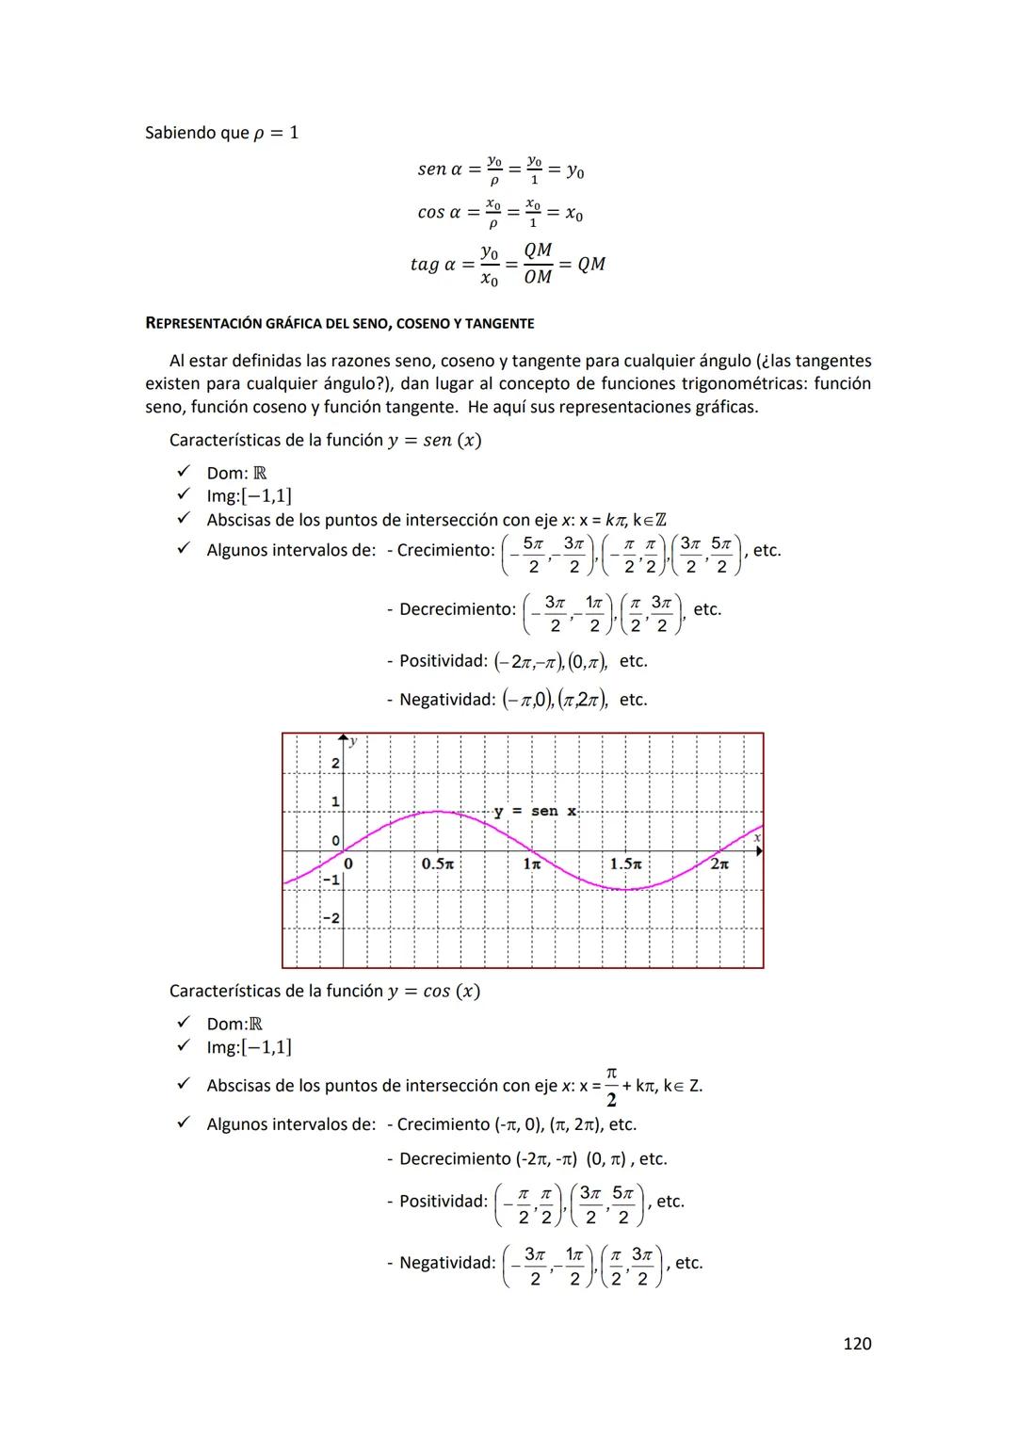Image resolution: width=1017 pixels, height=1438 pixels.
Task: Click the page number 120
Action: click(856, 1343)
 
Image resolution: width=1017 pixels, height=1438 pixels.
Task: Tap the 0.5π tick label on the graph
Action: click(438, 864)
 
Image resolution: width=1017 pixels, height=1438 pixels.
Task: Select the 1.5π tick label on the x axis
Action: click(625, 864)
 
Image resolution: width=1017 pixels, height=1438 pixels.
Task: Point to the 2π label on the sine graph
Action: click(719, 864)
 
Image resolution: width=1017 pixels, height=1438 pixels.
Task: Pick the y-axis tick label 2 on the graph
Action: click(334, 764)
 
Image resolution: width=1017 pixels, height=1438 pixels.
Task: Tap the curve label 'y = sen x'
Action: click(536, 811)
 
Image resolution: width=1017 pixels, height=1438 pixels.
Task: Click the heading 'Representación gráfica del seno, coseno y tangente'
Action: click(339, 324)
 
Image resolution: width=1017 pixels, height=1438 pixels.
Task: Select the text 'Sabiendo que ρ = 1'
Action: click(221, 133)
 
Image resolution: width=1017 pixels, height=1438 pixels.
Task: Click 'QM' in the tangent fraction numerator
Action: click(538, 250)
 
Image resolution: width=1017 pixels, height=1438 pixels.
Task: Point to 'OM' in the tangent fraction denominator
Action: click(538, 277)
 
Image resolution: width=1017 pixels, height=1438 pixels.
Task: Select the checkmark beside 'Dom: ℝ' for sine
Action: click(184, 472)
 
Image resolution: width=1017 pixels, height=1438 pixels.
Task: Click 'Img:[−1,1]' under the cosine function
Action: click(249, 1047)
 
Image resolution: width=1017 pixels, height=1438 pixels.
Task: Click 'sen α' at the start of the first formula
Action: click(440, 170)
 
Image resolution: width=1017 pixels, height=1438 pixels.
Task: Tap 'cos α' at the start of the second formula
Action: click(440, 213)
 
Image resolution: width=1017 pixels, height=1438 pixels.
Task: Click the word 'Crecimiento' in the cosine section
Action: click(444, 1124)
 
